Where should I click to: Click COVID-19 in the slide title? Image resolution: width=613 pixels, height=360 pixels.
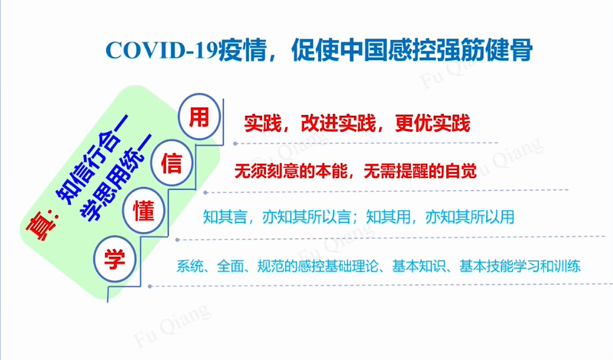[162, 50]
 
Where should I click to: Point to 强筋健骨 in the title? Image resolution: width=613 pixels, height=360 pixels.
[485, 50]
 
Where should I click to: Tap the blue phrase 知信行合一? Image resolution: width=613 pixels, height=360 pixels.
[93, 160]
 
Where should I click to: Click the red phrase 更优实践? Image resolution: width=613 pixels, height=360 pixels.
[432, 124]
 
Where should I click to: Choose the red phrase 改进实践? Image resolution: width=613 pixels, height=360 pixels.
[338, 124]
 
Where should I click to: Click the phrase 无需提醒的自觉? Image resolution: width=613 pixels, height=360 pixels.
[421, 171]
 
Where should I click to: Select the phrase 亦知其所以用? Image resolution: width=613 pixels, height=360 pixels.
[469, 217]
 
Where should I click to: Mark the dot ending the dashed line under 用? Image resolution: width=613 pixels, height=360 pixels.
[235, 144]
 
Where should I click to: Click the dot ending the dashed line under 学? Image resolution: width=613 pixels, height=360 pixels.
[150, 287]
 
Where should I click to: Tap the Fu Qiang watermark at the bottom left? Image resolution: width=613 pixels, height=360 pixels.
[172, 326]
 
